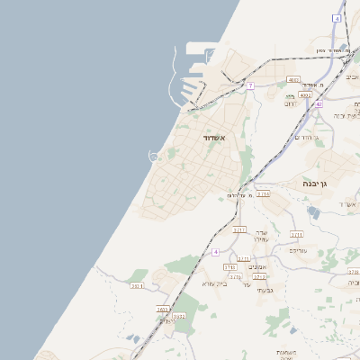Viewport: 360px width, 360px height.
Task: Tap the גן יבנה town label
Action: pyautogui.click(x=319, y=184)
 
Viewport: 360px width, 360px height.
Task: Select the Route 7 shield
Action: pyautogui.click(x=251, y=85)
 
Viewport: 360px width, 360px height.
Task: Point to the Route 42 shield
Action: pyautogui.click(x=319, y=103)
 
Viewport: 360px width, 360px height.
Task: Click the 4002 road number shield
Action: pyautogui.click(x=305, y=94)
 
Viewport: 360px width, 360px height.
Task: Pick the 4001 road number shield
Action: pyautogui.click(x=292, y=81)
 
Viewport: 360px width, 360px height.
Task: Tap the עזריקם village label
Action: pyautogui.click(x=297, y=250)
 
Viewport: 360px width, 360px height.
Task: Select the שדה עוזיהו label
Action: pyautogui.click(x=261, y=236)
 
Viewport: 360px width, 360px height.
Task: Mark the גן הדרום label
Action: pyautogui.click(x=309, y=136)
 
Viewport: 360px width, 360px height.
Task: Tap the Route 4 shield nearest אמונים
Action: pyautogui.click(x=216, y=252)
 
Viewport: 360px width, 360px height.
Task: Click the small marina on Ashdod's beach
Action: pyautogui.click(x=154, y=157)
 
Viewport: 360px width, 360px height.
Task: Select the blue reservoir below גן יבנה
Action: pyautogui.click(x=313, y=212)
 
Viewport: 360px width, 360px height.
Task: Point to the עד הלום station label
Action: pyautogui.click(x=237, y=195)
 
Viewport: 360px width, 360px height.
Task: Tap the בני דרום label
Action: pyautogui.click(x=292, y=103)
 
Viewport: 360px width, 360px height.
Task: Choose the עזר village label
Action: pyautogui.click(x=247, y=284)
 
